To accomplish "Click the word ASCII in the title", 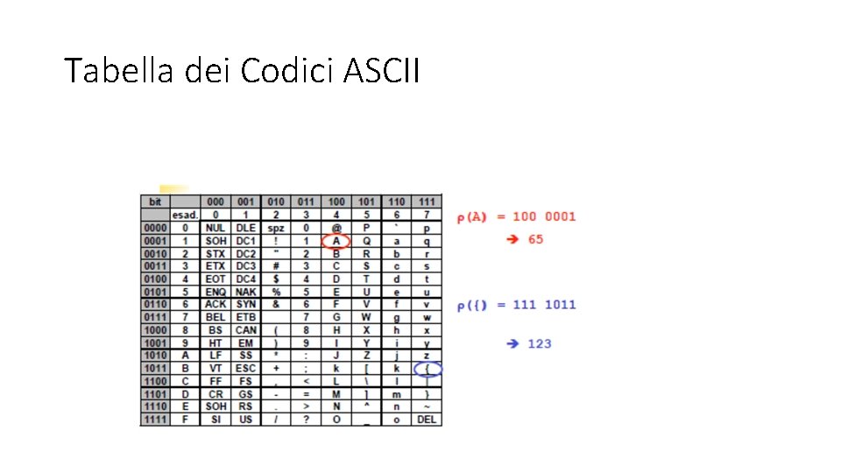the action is [382, 70].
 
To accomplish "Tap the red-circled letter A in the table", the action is [336, 241].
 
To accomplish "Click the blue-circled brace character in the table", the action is [427, 369].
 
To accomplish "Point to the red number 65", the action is [535, 239].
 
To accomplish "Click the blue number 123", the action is [540, 343].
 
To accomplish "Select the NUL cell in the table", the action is [215, 228].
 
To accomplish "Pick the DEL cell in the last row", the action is [427, 420].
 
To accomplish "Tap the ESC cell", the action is [245, 369].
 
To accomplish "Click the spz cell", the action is [276, 228].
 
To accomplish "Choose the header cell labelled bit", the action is [155, 202].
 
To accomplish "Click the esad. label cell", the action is [185, 215].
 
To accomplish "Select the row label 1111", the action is [155, 420].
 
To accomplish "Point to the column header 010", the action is [276, 202].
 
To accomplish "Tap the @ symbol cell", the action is [336, 228].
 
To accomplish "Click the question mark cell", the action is [305, 420].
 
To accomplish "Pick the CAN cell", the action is [245, 330].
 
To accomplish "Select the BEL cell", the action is [215, 317].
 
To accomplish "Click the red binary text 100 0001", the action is [545, 216].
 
